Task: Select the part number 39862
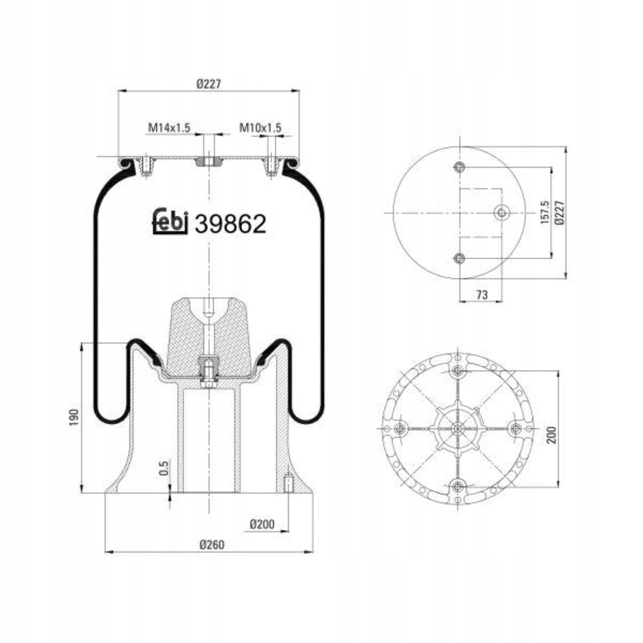click(x=230, y=223)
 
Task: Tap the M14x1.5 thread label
click(x=169, y=127)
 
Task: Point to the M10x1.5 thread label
click(x=260, y=127)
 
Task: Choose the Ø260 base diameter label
click(x=212, y=545)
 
